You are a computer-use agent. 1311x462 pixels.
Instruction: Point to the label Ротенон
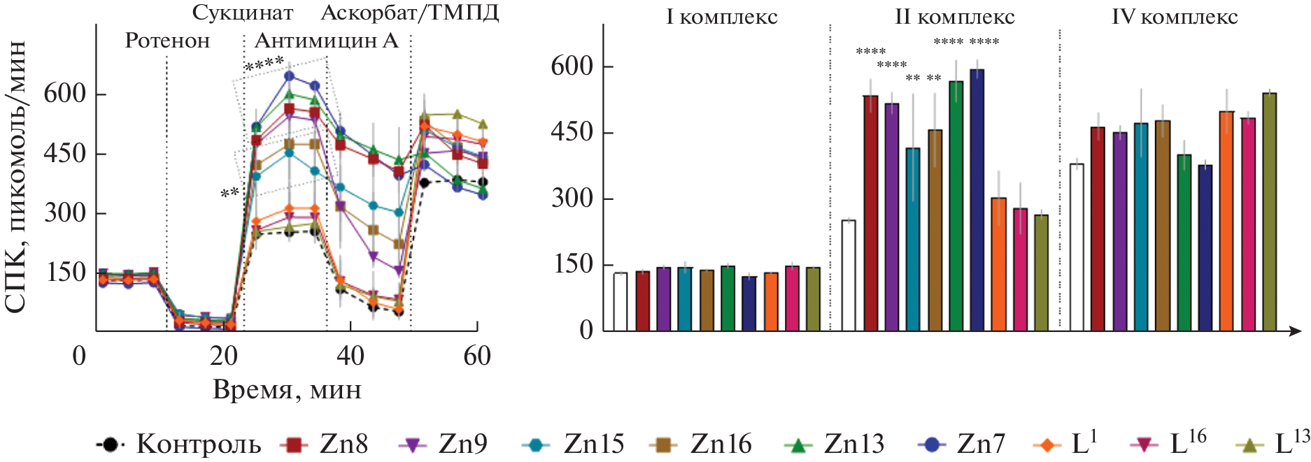(167, 41)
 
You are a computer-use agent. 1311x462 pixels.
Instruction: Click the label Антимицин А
(326, 41)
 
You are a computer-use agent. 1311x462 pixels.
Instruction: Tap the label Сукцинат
(243, 13)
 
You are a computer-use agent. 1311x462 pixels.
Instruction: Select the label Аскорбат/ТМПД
(410, 13)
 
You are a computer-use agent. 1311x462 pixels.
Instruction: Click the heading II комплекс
(955, 17)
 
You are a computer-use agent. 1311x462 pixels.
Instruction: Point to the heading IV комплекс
(1175, 17)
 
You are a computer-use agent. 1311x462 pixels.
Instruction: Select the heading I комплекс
(721, 17)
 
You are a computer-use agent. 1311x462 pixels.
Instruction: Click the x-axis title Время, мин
(287, 389)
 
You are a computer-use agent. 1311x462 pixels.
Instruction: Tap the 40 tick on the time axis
(350, 356)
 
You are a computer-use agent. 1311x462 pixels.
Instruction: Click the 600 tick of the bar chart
(572, 66)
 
